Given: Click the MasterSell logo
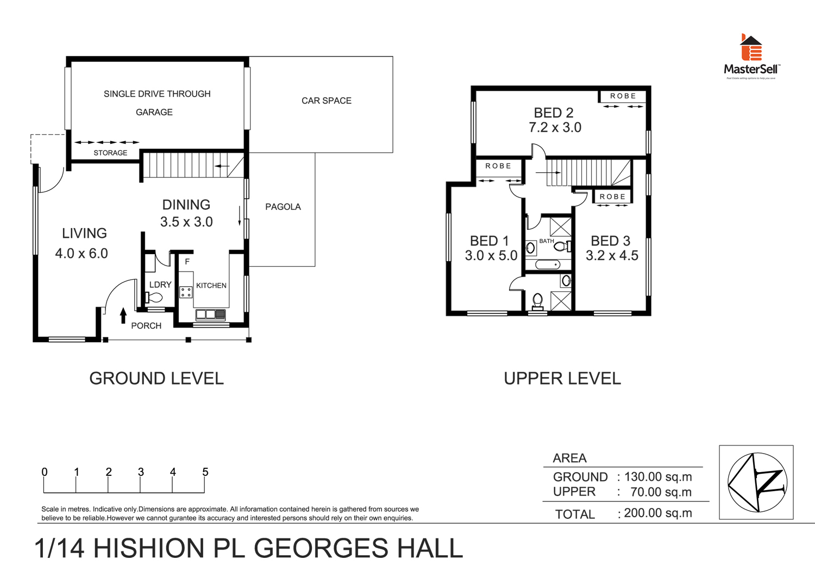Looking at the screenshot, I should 751,56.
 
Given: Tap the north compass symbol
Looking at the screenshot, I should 757,482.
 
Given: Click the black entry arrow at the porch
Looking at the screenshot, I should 123,315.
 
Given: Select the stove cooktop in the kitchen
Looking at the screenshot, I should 186,292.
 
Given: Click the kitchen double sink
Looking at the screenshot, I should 210,315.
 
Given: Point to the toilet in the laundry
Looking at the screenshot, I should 154,297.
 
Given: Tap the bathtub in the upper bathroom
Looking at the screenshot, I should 547,265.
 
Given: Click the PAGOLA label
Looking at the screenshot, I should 283,207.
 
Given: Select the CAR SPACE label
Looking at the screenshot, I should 326,101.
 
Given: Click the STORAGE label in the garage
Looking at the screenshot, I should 110,153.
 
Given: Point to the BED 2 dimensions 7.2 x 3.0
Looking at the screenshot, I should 555,128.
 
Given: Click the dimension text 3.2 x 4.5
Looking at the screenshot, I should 612,256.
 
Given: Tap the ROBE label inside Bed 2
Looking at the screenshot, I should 623,96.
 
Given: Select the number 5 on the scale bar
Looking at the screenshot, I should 205,472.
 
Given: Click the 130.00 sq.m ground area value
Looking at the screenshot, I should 658,477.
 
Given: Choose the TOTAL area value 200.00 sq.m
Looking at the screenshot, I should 658,513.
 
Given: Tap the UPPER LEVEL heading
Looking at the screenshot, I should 562,379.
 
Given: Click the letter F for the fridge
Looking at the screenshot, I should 187,262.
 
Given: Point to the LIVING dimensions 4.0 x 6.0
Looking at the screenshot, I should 81,254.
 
